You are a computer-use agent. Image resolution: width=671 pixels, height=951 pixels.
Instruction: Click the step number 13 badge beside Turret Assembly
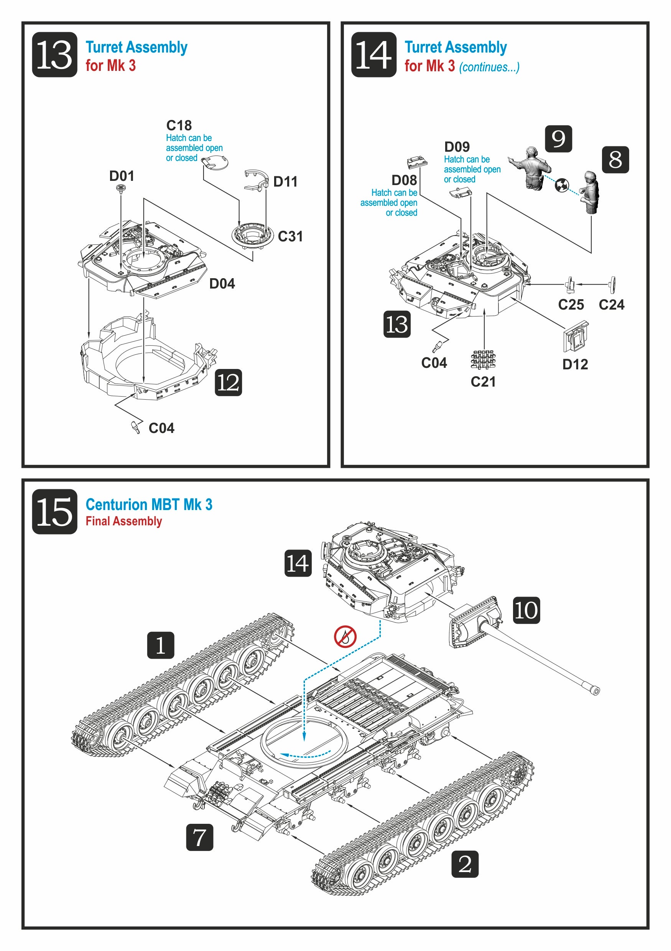pyautogui.click(x=54, y=55)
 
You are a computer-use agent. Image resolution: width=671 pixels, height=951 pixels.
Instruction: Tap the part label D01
pyautogui.click(x=122, y=176)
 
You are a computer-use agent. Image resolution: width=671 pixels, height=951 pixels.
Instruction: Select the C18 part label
pyautogui.click(x=179, y=125)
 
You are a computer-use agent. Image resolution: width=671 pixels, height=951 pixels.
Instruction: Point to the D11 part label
pyautogui.click(x=285, y=181)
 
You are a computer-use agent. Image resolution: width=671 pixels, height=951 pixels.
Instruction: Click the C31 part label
pyautogui.click(x=290, y=236)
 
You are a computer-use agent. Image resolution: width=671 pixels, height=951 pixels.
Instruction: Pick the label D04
pyautogui.click(x=222, y=284)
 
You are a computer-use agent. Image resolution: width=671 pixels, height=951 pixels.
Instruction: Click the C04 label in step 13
pyautogui.click(x=161, y=428)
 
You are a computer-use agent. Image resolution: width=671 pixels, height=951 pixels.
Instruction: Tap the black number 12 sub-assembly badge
pyautogui.click(x=229, y=382)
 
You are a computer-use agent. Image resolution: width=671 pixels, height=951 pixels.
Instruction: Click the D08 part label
pyautogui.click(x=404, y=180)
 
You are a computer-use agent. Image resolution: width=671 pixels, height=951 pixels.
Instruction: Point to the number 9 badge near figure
pyautogui.click(x=558, y=139)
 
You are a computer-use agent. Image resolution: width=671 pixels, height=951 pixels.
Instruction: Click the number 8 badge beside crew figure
pyautogui.click(x=615, y=159)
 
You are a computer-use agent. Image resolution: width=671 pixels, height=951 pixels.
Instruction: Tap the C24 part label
pyautogui.click(x=611, y=305)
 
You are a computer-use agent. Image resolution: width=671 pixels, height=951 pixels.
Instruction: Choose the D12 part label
pyautogui.click(x=575, y=364)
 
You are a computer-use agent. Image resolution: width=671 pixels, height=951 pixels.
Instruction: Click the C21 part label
pyautogui.click(x=483, y=382)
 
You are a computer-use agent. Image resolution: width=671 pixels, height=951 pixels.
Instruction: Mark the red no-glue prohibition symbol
pyautogui.click(x=345, y=637)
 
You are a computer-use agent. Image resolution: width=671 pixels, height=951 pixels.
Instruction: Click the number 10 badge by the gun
pyautogui.click(x=526, y=610)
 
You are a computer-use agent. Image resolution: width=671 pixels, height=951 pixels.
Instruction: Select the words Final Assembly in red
pyautogui.click(x=123, y=521)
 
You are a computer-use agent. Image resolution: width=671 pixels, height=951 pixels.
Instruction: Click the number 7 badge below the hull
pyautogui.click(x=199, y=837)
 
